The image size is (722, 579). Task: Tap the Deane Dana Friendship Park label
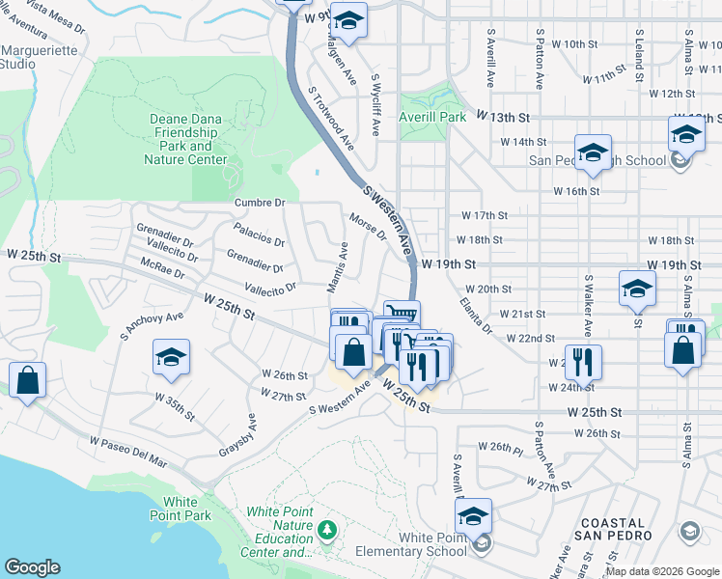pos(186,139)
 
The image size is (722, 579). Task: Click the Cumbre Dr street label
pos(261,203)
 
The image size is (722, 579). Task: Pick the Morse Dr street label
pos(368,228)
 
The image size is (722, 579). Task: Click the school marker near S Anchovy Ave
pos(171,358)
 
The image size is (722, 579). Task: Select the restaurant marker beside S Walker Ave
pos(583,363)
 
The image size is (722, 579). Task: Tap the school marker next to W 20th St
pos(637,289)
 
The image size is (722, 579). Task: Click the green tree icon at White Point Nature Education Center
pos(328,529)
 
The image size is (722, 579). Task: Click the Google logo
pos(32,567)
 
